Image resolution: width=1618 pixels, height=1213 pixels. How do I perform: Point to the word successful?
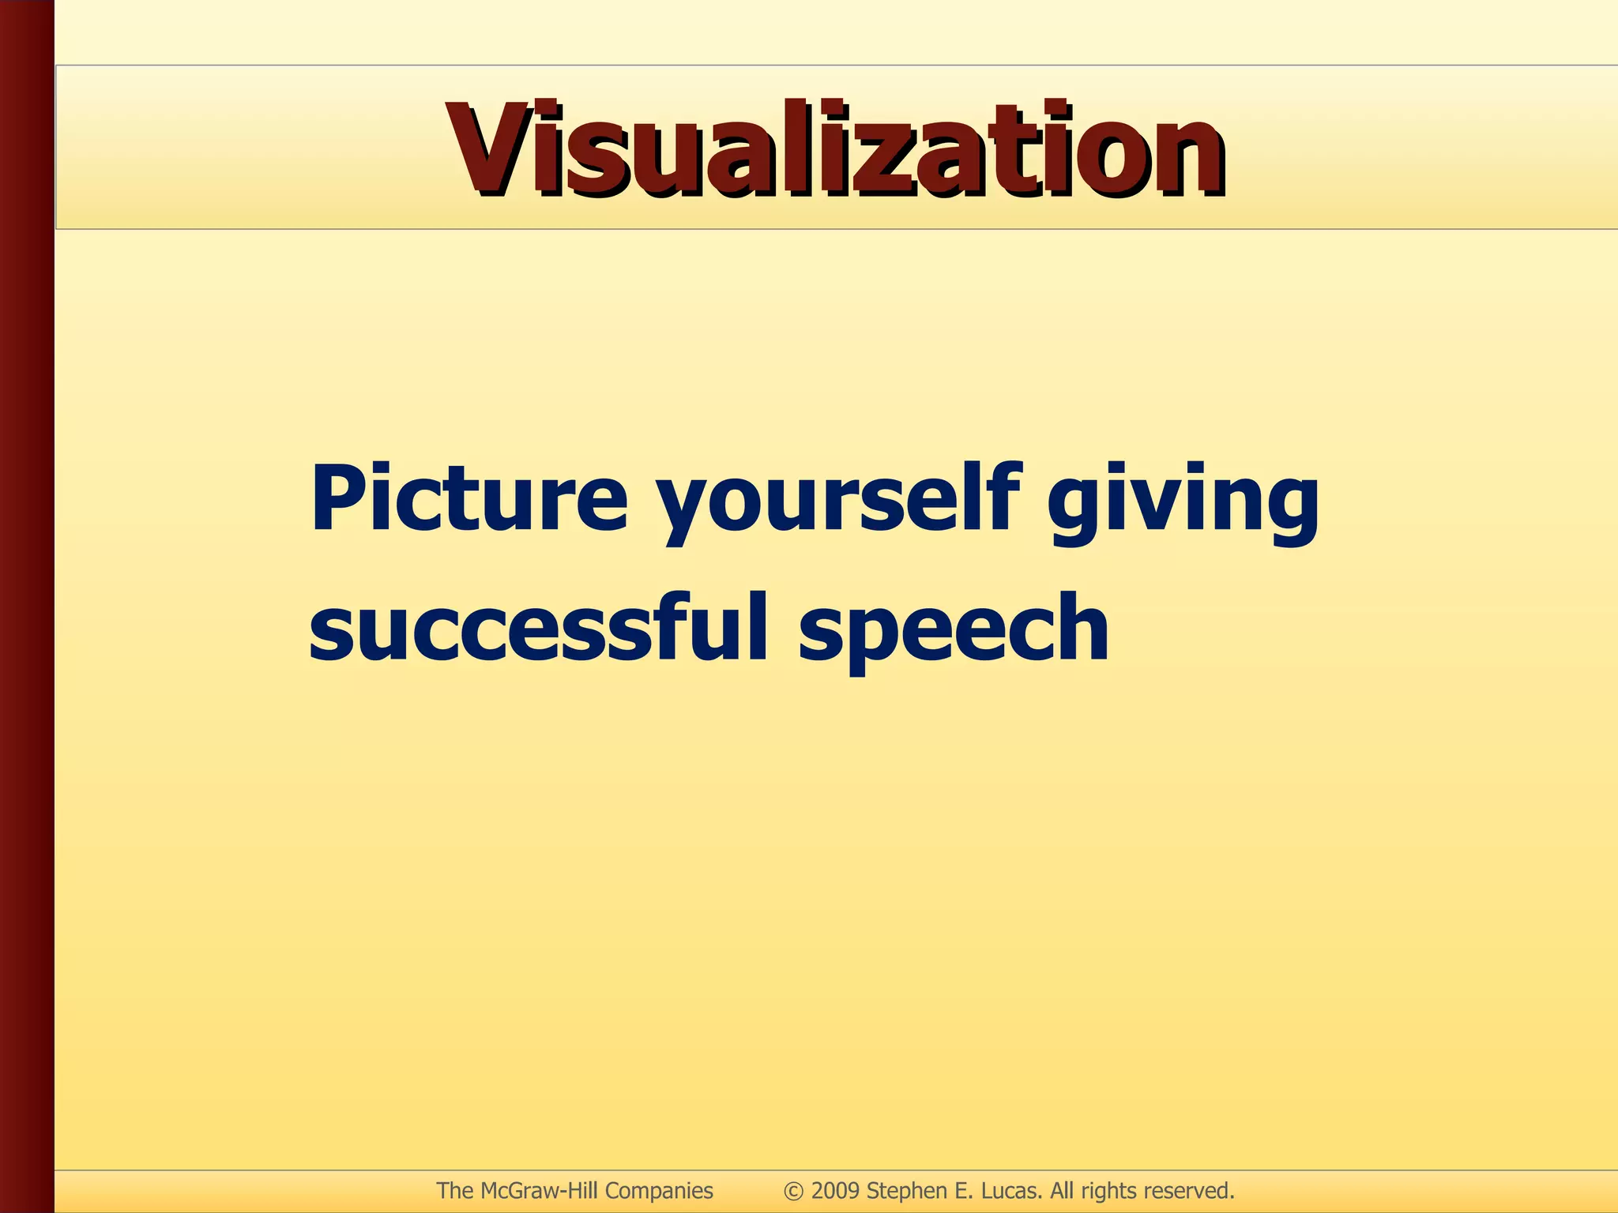538,629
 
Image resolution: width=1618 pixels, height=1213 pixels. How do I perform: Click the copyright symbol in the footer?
794,1191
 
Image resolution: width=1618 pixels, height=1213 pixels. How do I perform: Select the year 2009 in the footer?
835,1191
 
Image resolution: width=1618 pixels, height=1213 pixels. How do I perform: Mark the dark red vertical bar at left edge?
27,606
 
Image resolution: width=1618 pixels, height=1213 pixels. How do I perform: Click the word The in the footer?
455,1191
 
